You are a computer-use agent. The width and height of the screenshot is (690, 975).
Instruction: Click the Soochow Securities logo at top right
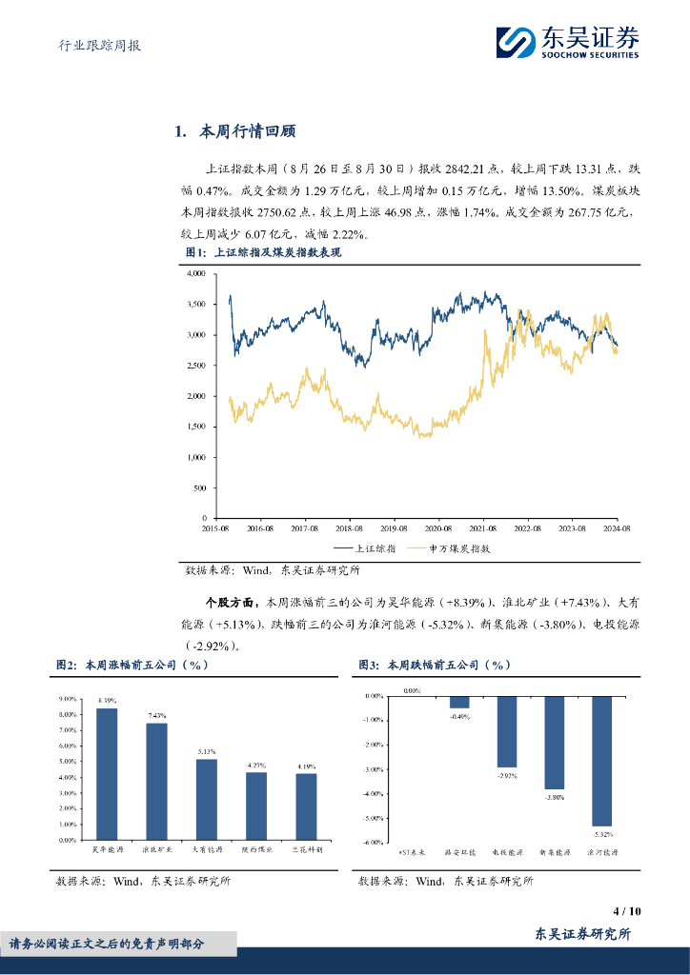pos(567,41)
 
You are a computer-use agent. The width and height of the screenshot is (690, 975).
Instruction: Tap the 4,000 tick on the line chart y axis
pos(194,273)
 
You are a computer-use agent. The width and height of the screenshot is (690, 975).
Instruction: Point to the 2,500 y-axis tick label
pos(194,366)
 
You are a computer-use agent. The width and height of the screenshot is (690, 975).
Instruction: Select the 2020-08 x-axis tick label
pos(439,527)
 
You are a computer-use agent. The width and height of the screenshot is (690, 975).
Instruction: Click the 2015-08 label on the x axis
pos(216,527)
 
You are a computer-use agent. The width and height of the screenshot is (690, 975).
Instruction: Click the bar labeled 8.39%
pos(108,774)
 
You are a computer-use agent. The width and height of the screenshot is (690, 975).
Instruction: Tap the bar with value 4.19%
pos(306,806)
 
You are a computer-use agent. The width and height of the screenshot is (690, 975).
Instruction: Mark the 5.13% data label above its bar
pos(207,751)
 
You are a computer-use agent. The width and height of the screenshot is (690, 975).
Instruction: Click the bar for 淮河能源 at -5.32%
pos(602,761)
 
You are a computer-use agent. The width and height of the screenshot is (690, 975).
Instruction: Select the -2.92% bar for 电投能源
pos(507,731)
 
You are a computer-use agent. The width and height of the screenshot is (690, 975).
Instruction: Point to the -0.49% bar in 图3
pos(460,702)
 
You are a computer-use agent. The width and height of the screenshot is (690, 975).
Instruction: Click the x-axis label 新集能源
pos(555,851)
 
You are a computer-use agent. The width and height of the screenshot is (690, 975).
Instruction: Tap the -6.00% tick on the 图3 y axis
pos(373,842)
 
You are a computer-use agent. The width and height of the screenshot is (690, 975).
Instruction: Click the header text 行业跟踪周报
pos(93,45)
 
